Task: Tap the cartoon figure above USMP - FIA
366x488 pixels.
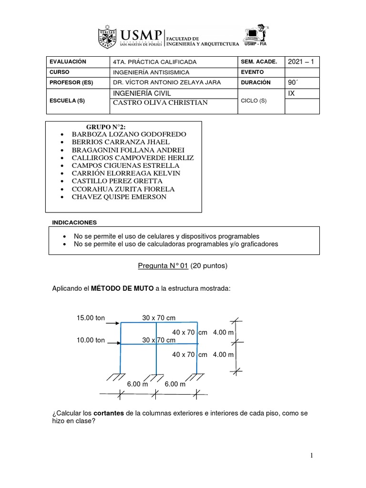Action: pos(258,31)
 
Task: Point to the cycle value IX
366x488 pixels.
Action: pos(292,93)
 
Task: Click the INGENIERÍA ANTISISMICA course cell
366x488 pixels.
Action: pos(151,72)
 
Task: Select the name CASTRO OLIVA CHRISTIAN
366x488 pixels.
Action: pos(160,103)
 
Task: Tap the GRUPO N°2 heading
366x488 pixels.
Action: pos(105,126)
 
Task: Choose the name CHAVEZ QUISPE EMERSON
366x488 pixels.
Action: pos(119,197)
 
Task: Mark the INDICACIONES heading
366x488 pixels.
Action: pos(74,223)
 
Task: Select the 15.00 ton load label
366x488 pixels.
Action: pos(91,317)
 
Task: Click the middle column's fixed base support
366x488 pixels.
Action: pos(156,377)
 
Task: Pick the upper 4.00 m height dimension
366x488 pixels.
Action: pos(224,332)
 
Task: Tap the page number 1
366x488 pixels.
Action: pos(312,456)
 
